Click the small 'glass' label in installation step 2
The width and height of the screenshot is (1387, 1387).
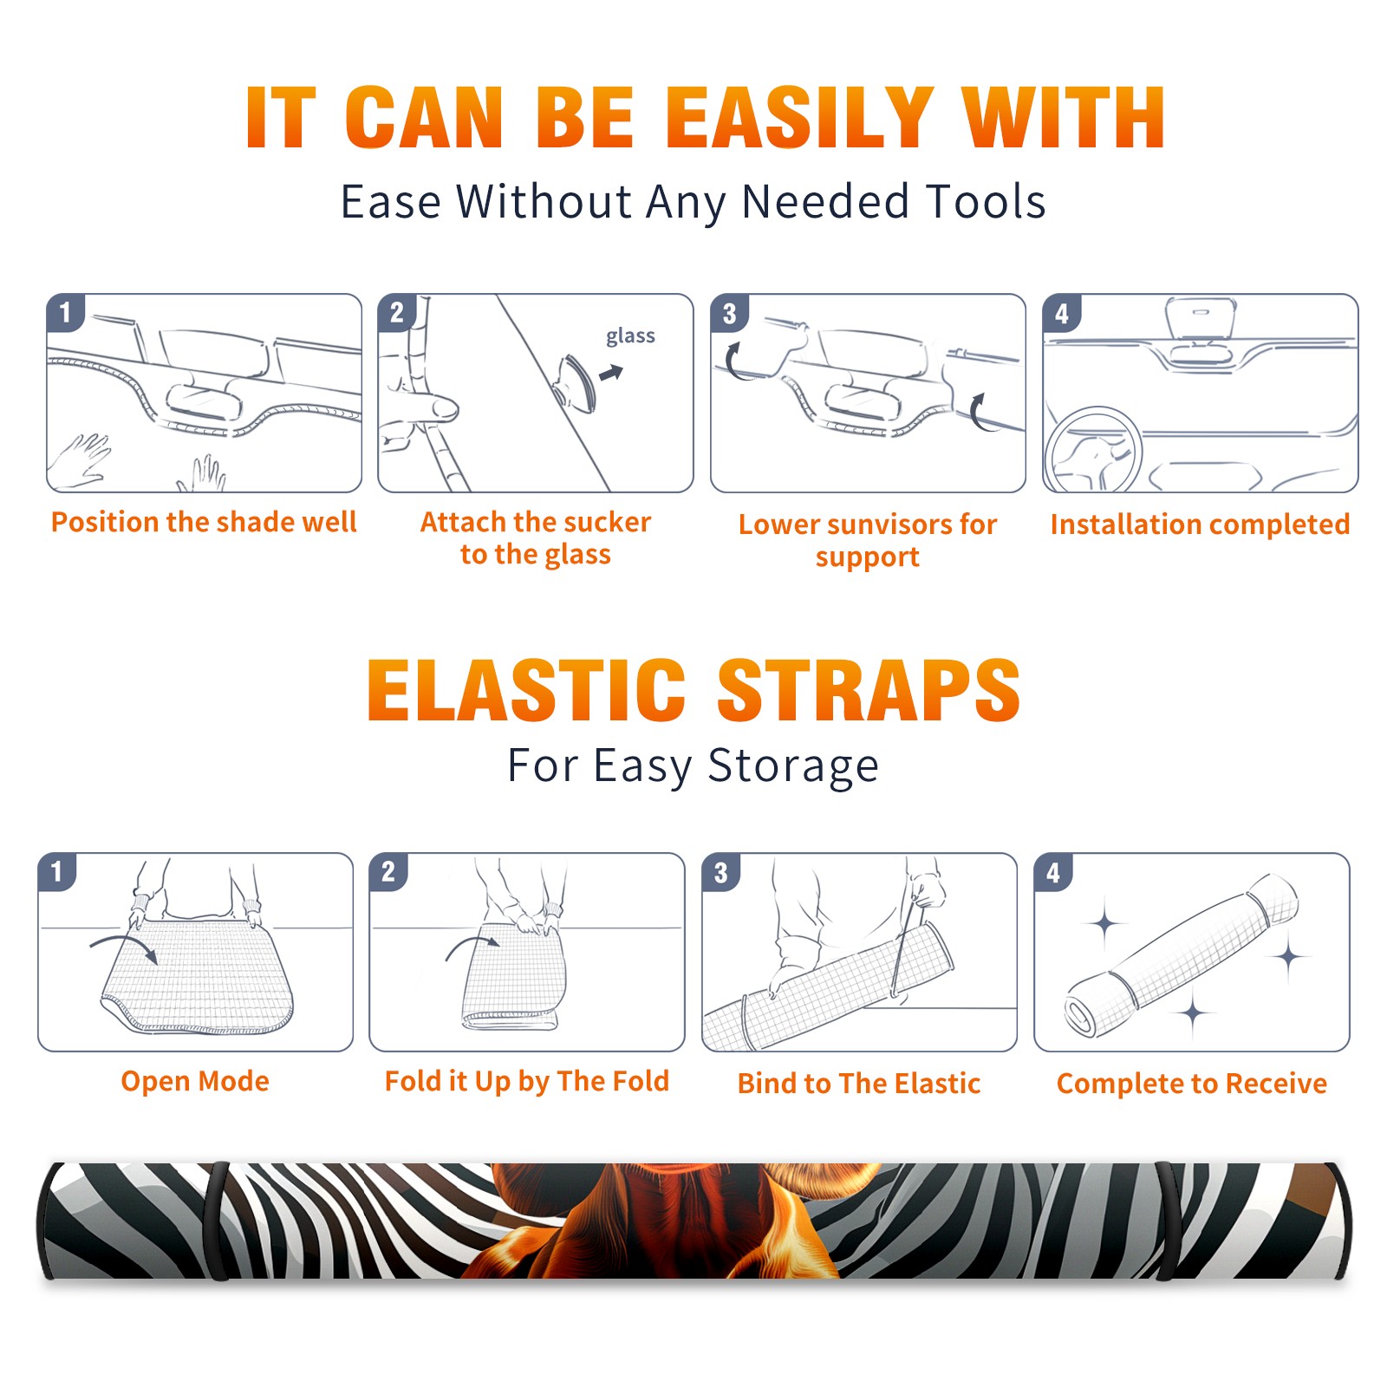(630, 336)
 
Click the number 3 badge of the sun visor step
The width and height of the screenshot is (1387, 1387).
(729, 313)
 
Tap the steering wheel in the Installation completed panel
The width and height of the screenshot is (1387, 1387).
(1093, 451)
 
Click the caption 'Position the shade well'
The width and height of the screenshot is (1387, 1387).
(204, 522)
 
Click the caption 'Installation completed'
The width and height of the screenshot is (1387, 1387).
(1200, 524)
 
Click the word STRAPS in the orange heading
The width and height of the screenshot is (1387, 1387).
(869, 690)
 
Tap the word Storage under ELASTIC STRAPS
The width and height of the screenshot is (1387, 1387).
(793, 766)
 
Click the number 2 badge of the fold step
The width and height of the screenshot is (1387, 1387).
(388, 871)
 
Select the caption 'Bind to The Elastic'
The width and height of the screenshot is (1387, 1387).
(859, 1084)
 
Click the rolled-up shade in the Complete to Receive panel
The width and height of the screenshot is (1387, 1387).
(1182, 954)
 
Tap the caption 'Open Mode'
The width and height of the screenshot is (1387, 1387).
(195, 1081)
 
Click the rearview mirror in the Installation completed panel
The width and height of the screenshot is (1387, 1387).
(1201, 320)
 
